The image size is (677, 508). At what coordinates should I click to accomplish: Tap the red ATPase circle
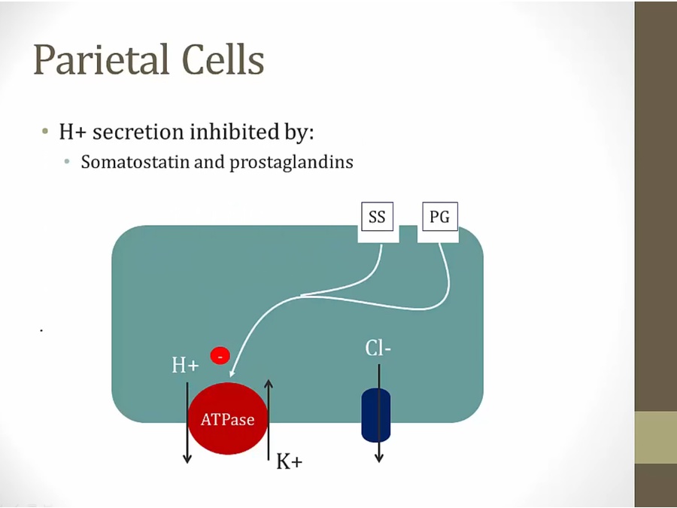(228, 418)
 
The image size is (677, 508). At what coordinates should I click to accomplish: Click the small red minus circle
(220, 354)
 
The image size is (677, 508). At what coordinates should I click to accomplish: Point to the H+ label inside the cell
(185, 366)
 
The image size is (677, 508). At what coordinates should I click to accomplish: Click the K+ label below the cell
(289, 461)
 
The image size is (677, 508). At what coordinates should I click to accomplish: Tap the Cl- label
(378, 348)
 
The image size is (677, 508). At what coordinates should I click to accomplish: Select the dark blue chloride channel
(376, 415)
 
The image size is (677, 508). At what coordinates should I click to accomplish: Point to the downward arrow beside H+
(187, 421)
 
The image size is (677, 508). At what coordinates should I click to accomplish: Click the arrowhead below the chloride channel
(379, 458)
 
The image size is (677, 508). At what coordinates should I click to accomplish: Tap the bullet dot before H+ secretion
(47, 132)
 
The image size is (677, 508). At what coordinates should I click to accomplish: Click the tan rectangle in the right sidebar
(655, 437)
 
